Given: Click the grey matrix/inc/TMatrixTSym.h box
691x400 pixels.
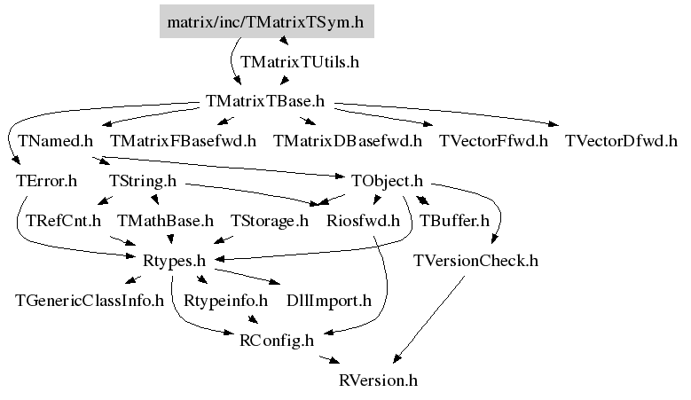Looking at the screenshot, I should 266,22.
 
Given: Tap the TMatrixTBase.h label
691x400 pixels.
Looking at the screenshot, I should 264,101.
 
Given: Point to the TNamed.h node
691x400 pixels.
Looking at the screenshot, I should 55,140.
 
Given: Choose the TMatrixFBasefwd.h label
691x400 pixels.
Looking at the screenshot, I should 183,140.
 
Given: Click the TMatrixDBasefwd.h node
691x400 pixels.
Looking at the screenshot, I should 348,140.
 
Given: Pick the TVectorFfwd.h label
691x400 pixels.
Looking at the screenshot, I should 493,140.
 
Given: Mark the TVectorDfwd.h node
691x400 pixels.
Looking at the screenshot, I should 621,140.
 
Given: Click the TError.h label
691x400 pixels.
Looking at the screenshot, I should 46,181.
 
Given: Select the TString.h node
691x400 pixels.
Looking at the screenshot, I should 143,181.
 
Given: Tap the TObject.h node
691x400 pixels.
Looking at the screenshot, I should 386,181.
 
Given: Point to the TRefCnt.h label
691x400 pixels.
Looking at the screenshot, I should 64,220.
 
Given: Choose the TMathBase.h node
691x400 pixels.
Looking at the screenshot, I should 165,220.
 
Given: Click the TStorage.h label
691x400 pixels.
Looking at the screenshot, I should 270,220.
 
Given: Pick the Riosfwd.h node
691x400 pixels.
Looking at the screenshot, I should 364,220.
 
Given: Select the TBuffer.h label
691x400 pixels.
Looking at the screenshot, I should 454,220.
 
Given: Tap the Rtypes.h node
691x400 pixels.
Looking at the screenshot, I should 174,261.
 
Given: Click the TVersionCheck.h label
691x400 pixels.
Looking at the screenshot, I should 475,261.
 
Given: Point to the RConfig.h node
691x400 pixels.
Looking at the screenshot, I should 277,340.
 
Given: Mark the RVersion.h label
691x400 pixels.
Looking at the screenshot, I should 378,380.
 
